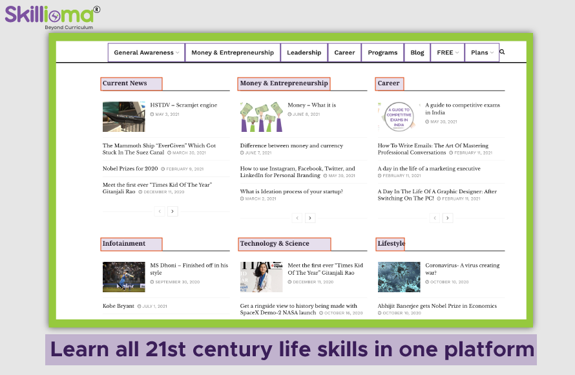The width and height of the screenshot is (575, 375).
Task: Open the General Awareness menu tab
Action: [x=146, y=52]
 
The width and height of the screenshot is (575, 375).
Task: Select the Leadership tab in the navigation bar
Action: [x=304, y=52]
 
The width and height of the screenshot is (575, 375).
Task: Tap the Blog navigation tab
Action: [x=417, y=52]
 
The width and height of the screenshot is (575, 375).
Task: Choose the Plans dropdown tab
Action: [x=482, y=52]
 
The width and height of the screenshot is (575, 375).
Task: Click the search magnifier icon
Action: [x=502, y=52]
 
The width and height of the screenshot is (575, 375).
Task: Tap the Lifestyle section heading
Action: [x=390, y=244]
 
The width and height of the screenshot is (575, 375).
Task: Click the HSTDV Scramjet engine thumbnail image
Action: [x=124, y=116]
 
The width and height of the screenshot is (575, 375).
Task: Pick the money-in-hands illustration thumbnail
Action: [x=262, y=116]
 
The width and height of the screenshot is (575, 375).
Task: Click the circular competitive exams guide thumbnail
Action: [x=399, y=116]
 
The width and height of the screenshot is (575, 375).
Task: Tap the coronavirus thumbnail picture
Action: [x=399, y=277]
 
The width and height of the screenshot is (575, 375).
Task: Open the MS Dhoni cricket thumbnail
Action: [x=124, y=277]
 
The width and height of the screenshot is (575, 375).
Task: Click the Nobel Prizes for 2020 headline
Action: [x=130, y=168]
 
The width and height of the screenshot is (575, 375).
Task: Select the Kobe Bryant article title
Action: [x=118, y=306]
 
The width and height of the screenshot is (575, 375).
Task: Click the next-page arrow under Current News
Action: [x=172, y=211]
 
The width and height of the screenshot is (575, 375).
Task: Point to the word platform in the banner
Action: [x=489, y=350]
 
